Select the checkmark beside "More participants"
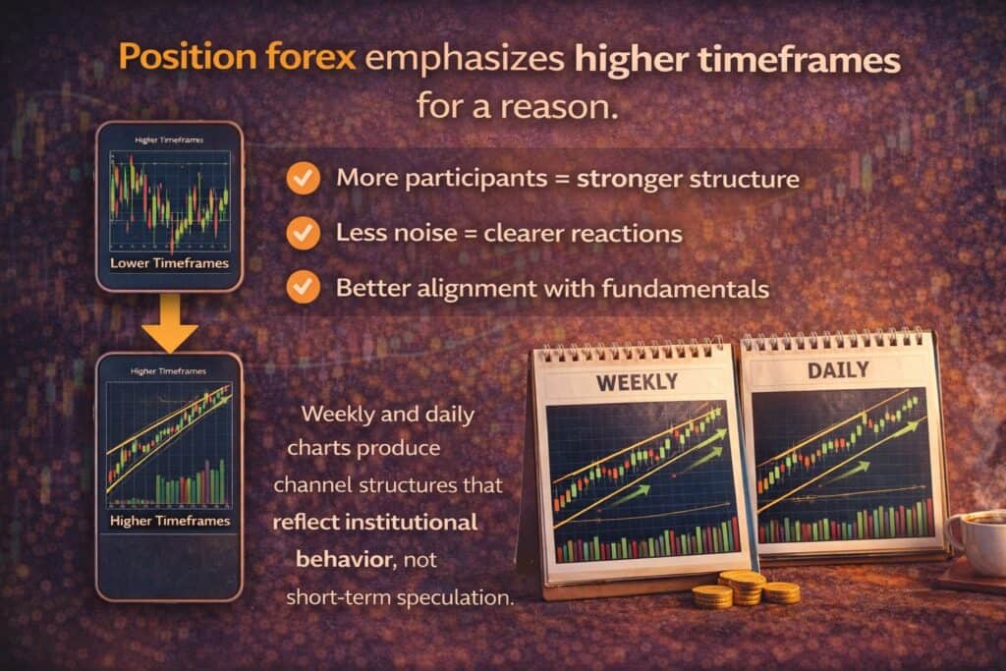click(x=304, y=179)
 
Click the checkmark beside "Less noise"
click(x=304, y=234)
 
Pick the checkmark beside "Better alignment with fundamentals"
click(x=304, y=288)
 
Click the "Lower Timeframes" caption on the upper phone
click(x=169, y=263)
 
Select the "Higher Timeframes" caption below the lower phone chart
click(x=169, y=520)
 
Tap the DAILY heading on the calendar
click(x=837, y=370)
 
